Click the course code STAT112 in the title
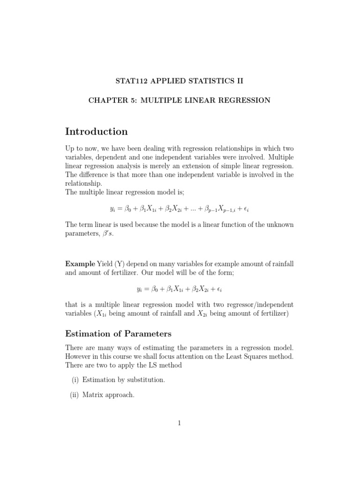click(131, 81)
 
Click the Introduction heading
click(96, 132)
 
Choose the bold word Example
click(80, 264)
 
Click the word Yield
click(105, 264)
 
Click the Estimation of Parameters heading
click(118, 334)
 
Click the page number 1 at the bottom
click(179, 423)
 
